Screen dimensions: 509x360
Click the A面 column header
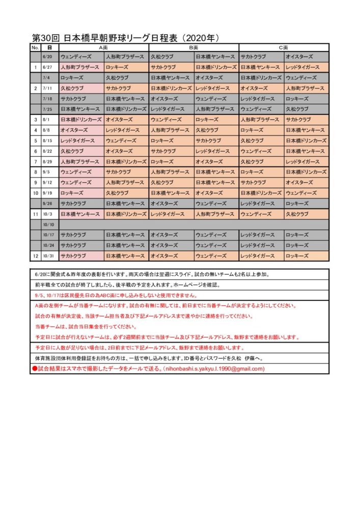[x=103, y=47]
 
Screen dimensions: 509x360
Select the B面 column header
[x=193, y=47]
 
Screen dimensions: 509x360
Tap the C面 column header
[x=284, y=47]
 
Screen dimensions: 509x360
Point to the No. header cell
[x=35, y=47]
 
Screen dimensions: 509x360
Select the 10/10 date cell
[x=49, y=224]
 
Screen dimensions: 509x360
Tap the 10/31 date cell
[x=49, y=256]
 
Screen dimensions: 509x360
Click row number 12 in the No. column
[x=36, y=256]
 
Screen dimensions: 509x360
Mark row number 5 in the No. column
[x=36, y=140]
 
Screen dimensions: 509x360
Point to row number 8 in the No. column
[x=36, y=172]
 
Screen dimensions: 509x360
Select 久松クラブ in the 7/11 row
[x=71, y=88]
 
